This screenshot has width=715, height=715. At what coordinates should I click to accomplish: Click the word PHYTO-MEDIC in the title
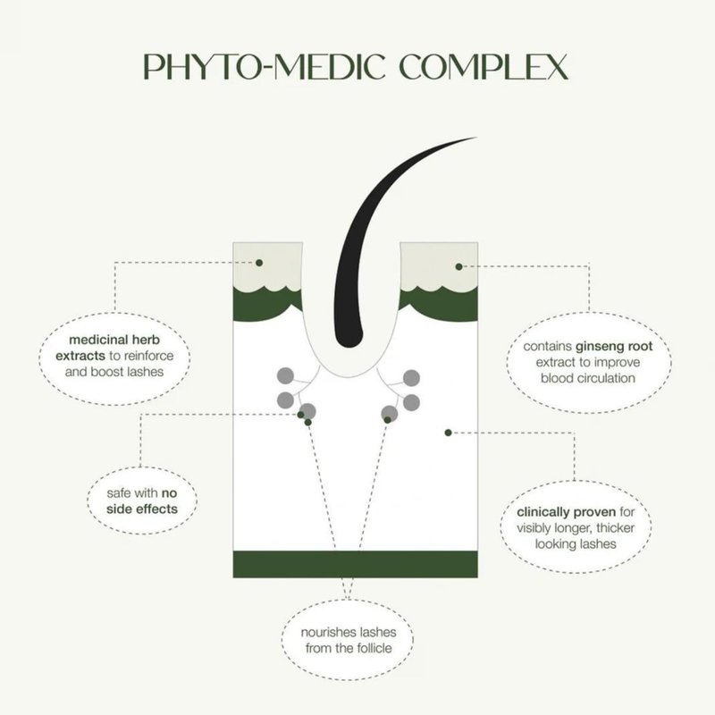(265, 67)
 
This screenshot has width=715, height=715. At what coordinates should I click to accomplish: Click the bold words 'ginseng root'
(614, 347)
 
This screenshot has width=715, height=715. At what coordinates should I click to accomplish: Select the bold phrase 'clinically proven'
(567, 512)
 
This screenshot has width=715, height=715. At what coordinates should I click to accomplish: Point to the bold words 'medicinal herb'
(114, 340)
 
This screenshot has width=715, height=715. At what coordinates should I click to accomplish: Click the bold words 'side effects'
(142, 509)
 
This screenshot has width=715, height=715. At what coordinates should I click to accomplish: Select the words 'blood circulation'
(588, 378)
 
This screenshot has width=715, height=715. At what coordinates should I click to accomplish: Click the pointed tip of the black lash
(476, 138)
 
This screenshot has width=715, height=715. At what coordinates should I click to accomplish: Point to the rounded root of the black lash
(349, 339)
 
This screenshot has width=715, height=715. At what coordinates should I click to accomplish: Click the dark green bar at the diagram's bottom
(355, 564)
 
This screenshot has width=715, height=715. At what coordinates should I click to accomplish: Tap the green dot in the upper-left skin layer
(259, 263)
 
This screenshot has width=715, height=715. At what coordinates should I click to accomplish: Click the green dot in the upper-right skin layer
(458, 266)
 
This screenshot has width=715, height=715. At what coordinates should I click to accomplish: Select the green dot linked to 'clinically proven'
(449, 433)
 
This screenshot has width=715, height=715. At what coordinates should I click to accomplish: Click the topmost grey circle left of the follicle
(285, 375)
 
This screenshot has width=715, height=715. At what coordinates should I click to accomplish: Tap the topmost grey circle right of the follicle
(411, 378)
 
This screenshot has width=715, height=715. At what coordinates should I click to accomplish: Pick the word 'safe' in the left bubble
(119, 493)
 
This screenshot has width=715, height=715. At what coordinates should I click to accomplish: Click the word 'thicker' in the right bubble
(615, 528)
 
